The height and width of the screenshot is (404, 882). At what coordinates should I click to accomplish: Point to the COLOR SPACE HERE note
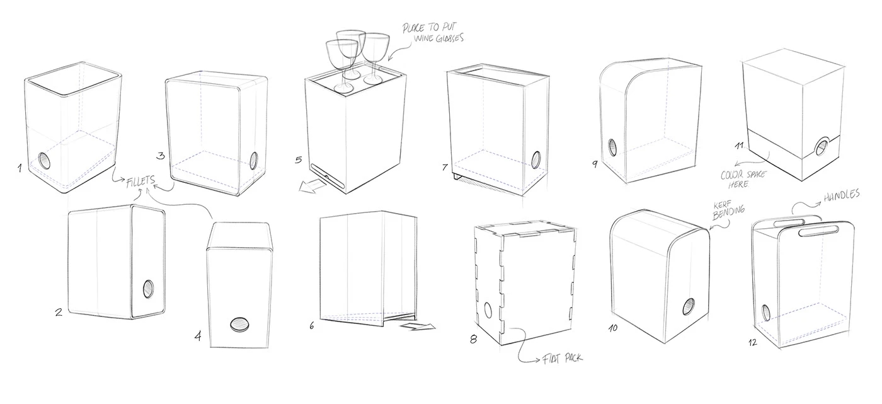(x=743, y=178)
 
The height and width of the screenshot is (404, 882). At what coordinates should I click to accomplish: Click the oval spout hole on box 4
(x=239, y=324)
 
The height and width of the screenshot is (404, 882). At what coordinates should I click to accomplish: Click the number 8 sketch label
(x=474, y=339)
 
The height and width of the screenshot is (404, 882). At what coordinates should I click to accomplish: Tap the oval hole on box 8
(x=488, y=311)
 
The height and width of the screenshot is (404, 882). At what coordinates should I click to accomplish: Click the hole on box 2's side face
(x=149, y=289)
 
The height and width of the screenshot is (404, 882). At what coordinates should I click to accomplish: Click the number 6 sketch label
(x=312, y=326)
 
